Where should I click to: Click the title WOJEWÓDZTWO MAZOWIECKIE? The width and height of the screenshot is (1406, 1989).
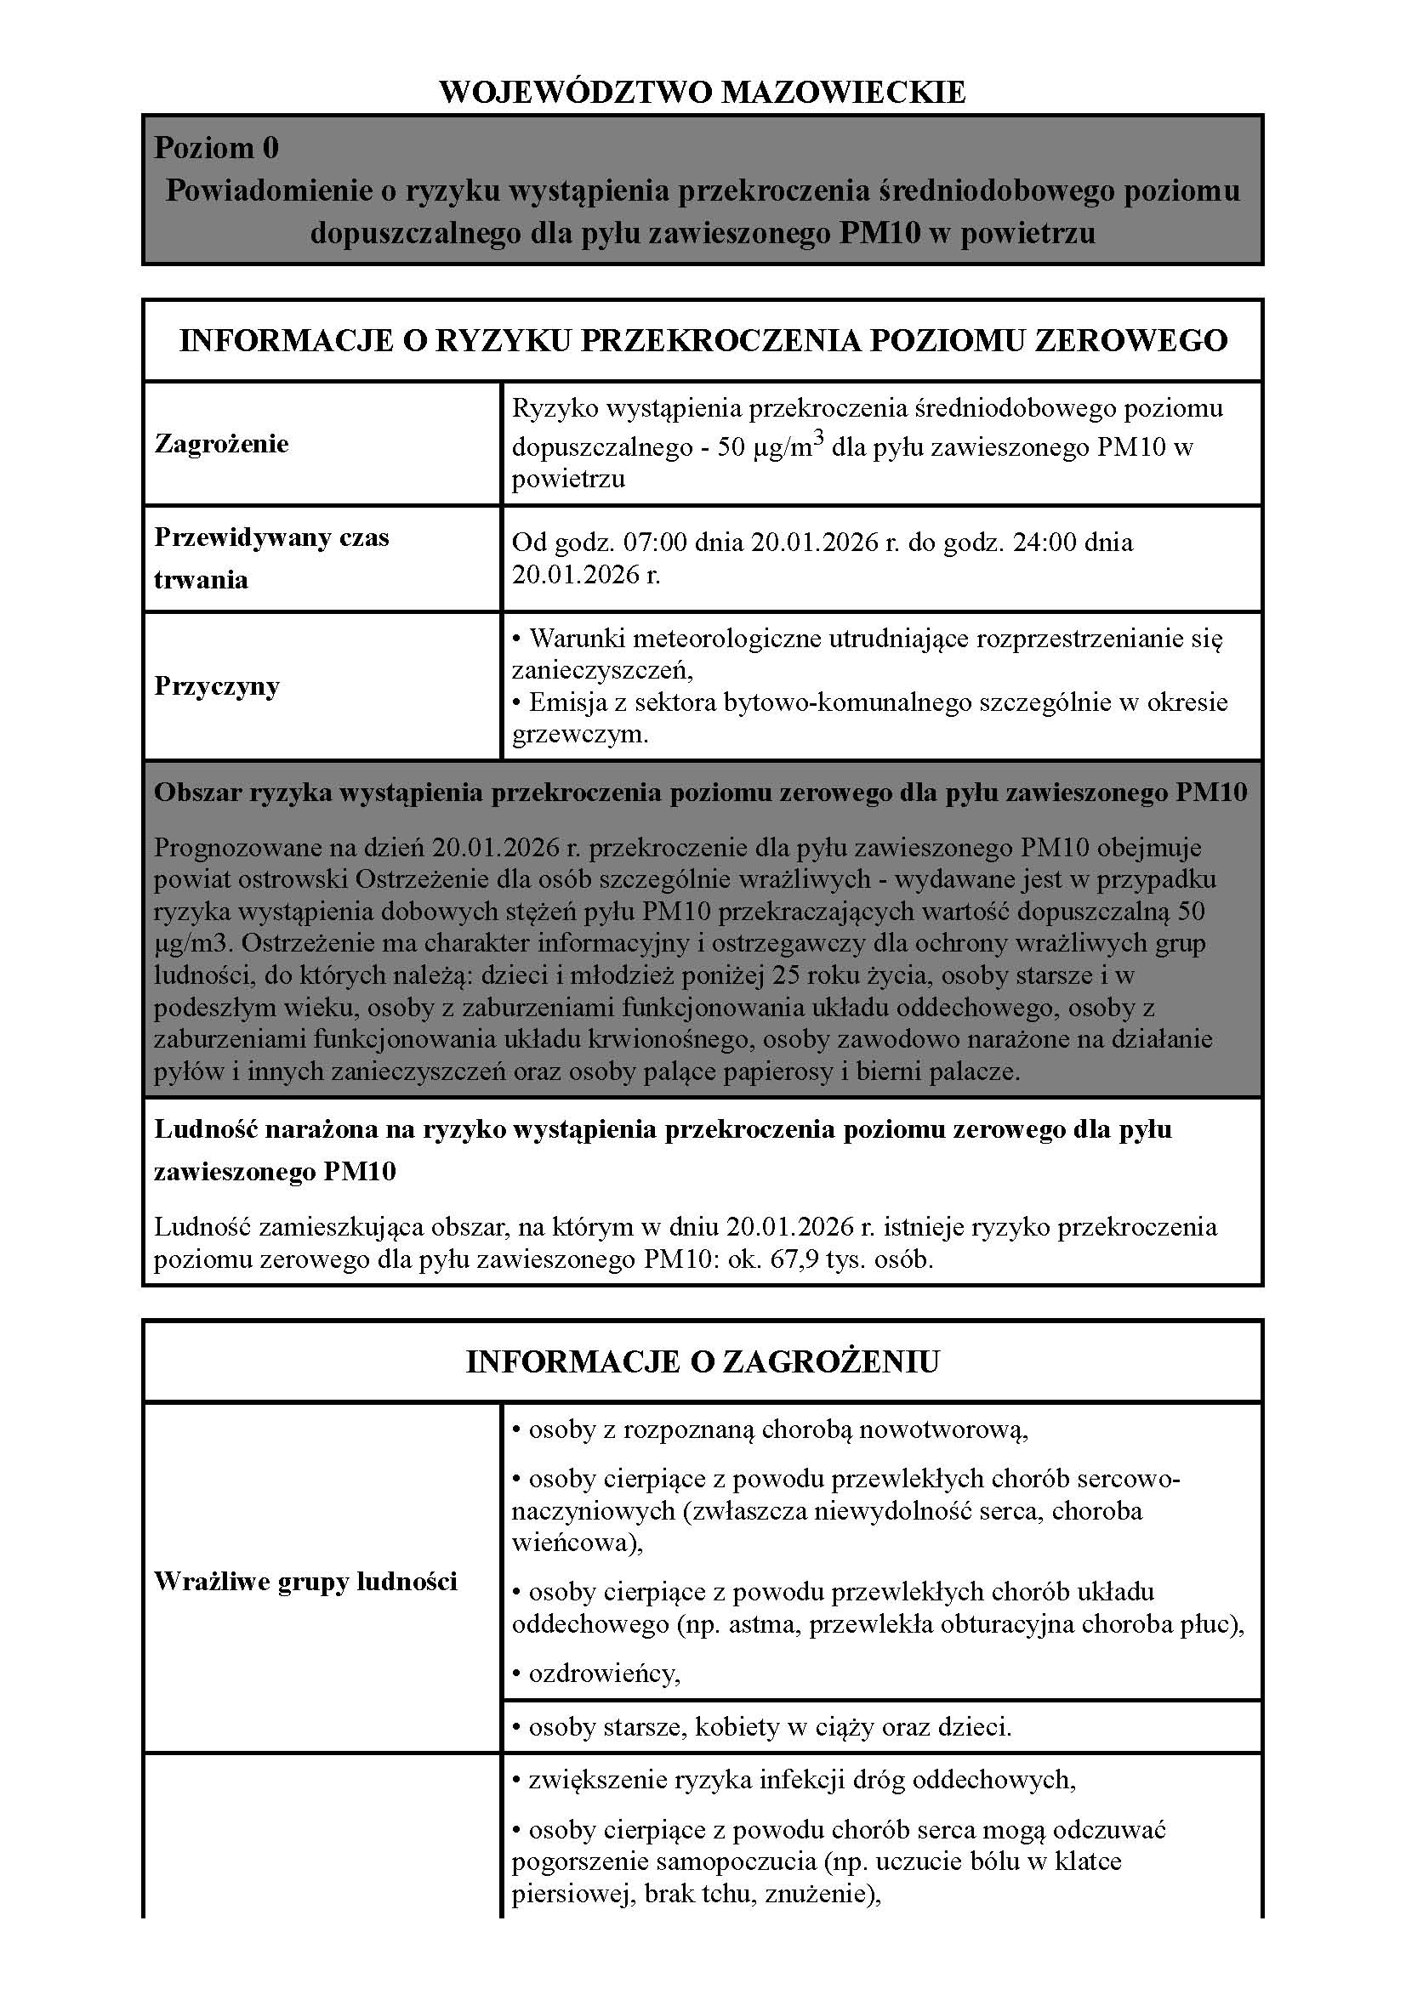point(703,92)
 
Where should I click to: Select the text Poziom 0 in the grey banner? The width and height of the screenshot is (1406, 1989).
point(217,148)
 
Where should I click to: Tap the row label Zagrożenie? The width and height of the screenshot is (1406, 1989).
point(221,444)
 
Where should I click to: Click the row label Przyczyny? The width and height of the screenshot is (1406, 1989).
point(217,686)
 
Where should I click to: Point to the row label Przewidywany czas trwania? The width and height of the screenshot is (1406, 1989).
point(271,558)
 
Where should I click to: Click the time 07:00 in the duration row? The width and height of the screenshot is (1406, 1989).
point(654,543)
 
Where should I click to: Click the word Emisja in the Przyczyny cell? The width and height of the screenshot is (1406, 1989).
point(569,702)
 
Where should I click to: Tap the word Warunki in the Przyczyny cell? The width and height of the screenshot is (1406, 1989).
point(578,639)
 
